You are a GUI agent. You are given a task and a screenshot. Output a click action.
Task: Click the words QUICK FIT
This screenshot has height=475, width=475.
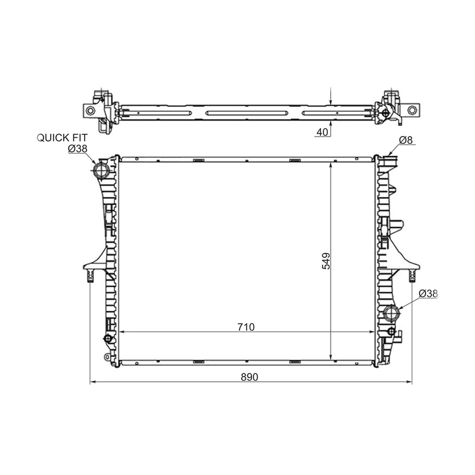pos(62,138)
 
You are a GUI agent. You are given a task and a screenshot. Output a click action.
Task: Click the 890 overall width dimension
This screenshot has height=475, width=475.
pos(249,377)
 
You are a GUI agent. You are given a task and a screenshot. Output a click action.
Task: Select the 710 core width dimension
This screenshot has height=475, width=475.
pos(246,327)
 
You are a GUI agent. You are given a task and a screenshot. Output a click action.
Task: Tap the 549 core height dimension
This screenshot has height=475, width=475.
pos(326,261)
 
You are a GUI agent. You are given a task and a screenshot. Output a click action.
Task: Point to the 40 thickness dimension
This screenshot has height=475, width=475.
pos(323,132)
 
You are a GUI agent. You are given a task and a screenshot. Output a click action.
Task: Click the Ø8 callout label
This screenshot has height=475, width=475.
pos(406,140)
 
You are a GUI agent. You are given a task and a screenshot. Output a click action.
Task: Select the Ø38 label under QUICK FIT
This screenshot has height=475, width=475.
pos(78,149)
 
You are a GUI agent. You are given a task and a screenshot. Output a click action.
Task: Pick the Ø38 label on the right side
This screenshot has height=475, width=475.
pos(428,294)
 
